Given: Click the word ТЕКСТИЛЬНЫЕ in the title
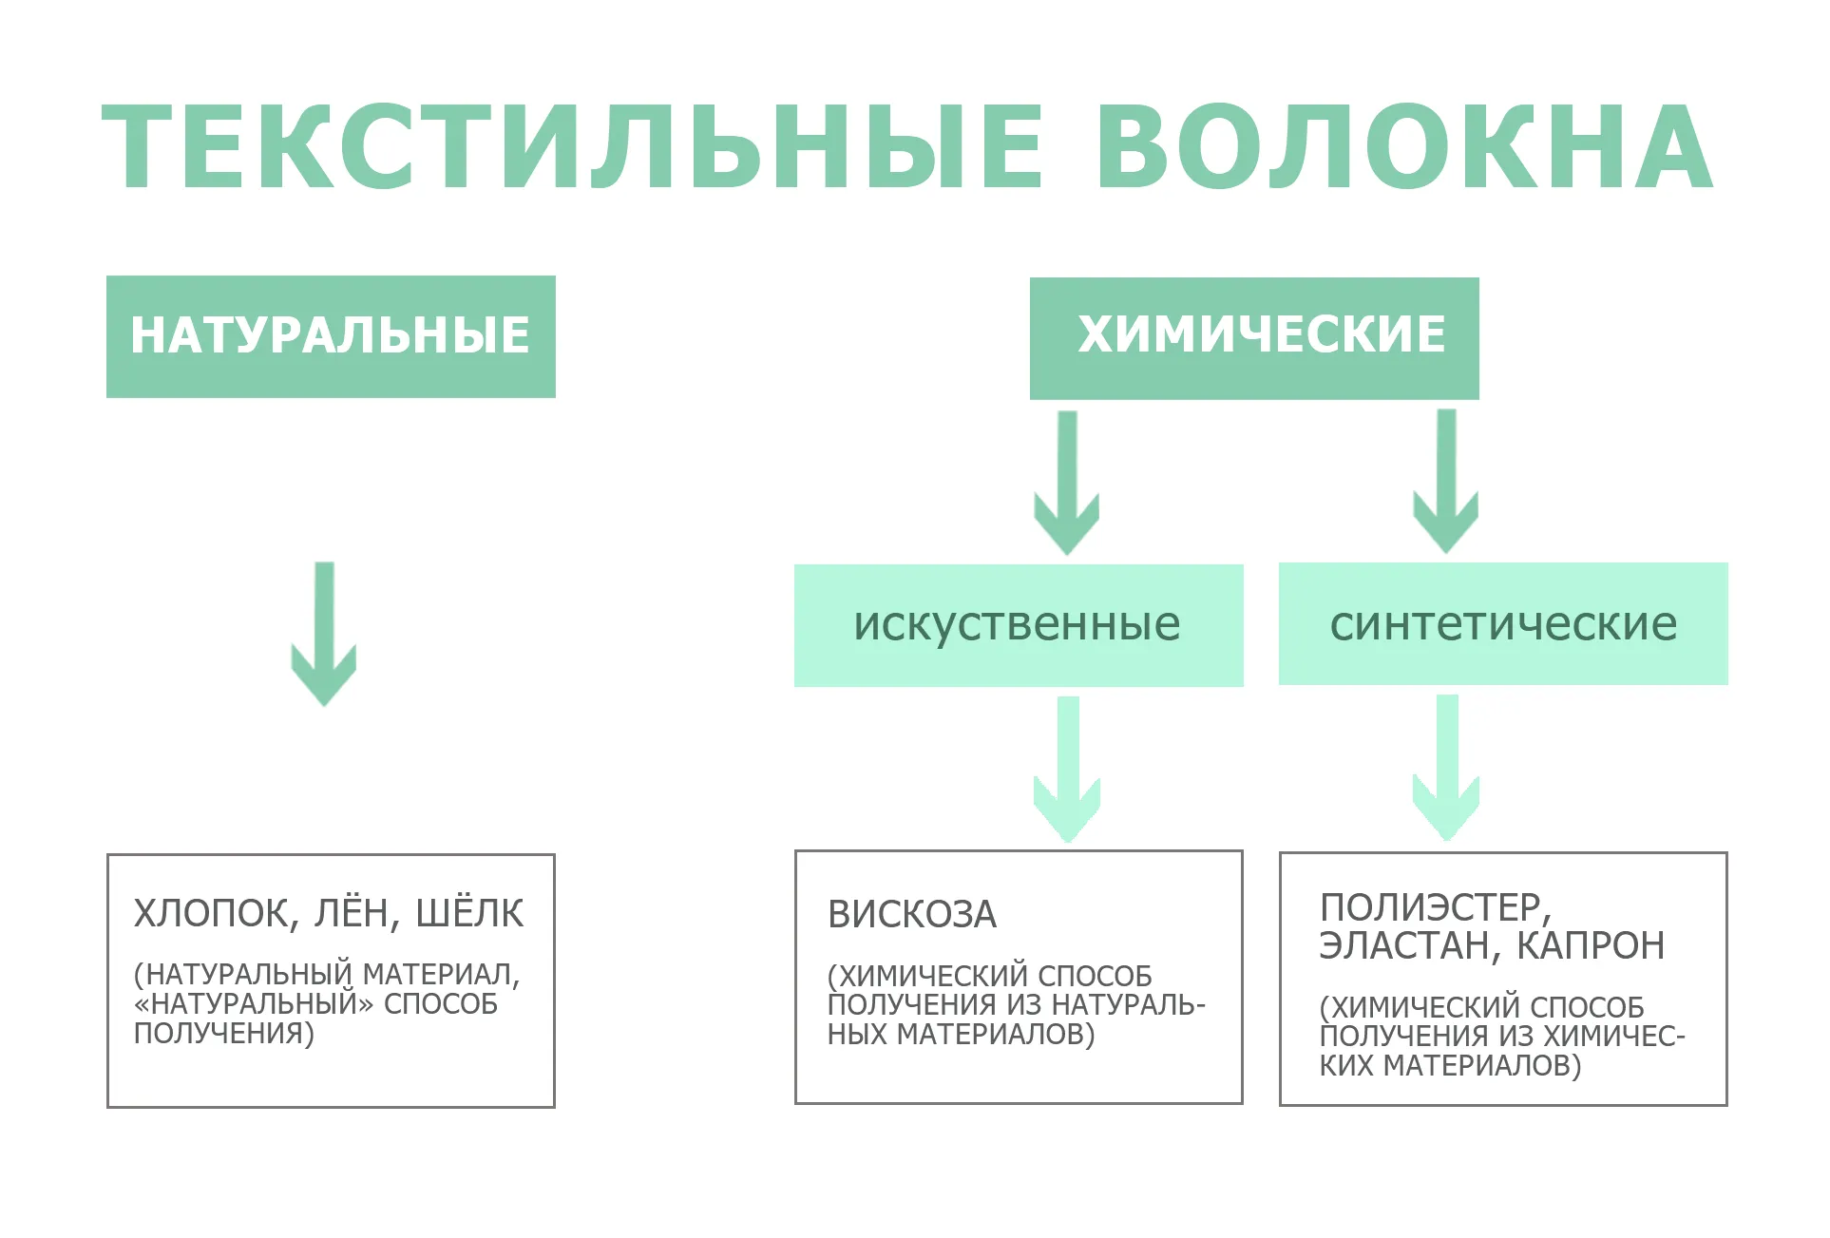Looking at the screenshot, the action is (x=573, y=147).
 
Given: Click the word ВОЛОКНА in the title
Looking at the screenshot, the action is (x=1405, y=147).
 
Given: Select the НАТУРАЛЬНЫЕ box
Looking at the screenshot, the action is (x=331, y=336).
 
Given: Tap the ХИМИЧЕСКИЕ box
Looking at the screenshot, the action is (x=1254, y=338).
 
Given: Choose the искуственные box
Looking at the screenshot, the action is (x=1019, y=625).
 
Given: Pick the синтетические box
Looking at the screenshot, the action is (x=1503, y=623).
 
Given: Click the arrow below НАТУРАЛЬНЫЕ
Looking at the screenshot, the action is (x=324, y=634).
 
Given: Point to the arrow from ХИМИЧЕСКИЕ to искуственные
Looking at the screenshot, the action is (x=1067, y=483).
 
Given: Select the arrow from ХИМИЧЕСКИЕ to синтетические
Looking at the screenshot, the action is (x=1446, y=482).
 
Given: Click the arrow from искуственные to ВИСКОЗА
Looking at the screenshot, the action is (x=1067, y=770).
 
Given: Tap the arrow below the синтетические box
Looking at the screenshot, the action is (x=1446, y=768).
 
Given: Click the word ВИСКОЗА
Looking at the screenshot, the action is (x=912, y=914).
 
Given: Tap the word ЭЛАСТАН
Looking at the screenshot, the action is (x=1410, y=946).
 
